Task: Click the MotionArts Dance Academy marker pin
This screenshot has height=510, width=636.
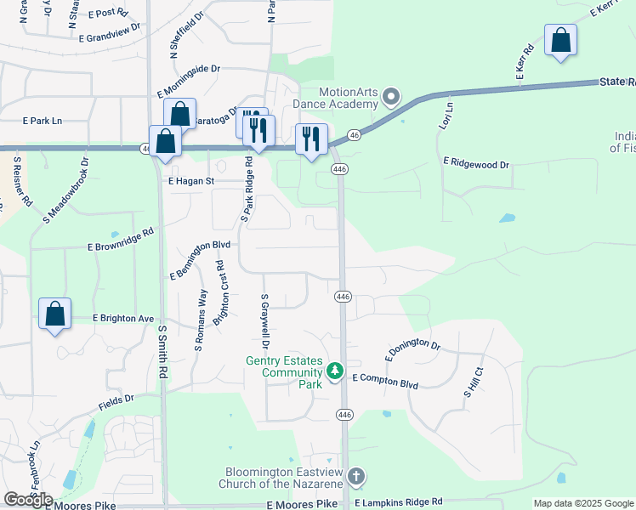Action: (391, 96)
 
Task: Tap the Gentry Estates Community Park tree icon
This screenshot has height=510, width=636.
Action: (335, 371)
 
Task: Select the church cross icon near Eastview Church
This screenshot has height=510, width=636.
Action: (356, 476)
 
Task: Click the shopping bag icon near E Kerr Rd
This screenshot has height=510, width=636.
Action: (560, 40)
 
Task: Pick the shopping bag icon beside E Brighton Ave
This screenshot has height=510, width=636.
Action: (55, 314)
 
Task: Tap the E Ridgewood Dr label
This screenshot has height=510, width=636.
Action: (475, 161)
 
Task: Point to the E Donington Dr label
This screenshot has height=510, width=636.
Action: (412, 348)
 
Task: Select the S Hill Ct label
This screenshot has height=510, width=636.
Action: (474, 382)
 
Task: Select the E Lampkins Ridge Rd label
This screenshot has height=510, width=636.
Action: (399, 503)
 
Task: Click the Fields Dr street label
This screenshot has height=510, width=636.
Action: (117, 399)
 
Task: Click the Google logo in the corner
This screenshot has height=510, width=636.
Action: (28, 499)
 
